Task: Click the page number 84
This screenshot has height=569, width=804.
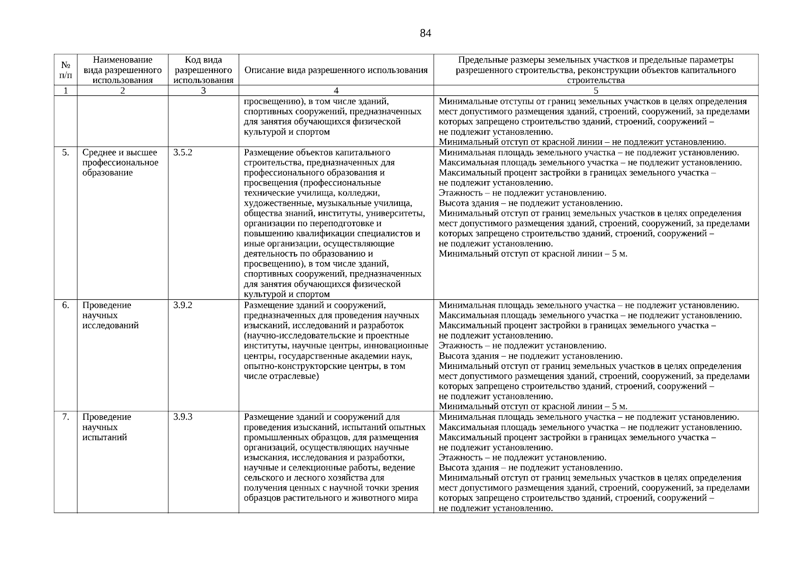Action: (425, 33)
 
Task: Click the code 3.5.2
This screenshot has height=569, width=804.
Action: (183, 153)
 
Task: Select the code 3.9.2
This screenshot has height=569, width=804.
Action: (183, 305)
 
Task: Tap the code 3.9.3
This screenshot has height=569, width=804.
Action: (183, 417)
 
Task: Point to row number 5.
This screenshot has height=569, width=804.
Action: (66, 153)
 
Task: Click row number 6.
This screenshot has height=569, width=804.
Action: (66, 305)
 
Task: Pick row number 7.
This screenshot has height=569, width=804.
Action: (66, 417)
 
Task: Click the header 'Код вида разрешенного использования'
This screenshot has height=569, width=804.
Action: (203, 70)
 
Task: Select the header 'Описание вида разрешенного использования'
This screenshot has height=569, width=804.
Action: (336, 70)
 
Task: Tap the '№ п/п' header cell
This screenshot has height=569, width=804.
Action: (66, 70)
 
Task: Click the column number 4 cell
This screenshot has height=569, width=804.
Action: (336, 91)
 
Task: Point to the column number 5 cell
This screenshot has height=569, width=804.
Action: (596, 91)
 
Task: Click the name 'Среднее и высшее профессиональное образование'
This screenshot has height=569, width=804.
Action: (120, 163)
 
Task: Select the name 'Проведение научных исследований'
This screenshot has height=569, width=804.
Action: (110, 315)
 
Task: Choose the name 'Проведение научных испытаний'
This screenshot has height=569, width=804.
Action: (107, 427)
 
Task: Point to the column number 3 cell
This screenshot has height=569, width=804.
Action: (203, 91)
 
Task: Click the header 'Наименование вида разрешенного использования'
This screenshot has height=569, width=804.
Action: (123, 70)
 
